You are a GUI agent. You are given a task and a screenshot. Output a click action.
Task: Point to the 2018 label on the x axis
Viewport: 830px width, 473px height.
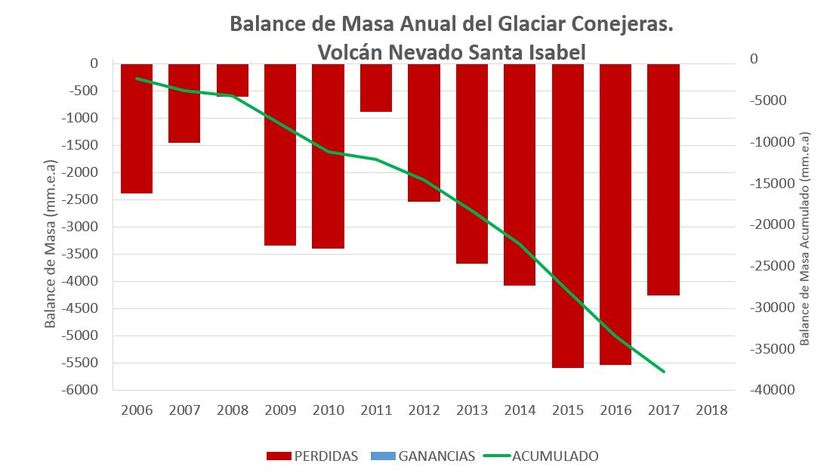(712, 410)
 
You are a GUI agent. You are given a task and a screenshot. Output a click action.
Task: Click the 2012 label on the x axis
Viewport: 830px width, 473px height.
(424, 410)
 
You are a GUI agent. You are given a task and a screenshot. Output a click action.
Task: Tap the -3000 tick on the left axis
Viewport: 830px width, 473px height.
(82, 227)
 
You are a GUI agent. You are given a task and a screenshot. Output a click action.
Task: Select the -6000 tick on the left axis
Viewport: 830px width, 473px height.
(82, 390)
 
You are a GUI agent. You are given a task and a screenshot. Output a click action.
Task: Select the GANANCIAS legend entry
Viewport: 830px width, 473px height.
(437, 456)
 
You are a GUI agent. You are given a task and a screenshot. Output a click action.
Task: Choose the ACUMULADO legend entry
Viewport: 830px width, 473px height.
(555, 456)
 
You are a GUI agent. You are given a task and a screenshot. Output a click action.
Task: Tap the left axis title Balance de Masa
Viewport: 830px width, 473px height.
(51, 243)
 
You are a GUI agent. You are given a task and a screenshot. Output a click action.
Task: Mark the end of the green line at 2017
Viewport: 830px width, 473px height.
(664, 372)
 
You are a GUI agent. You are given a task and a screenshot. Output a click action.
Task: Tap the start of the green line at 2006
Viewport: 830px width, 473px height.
(137, 78)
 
